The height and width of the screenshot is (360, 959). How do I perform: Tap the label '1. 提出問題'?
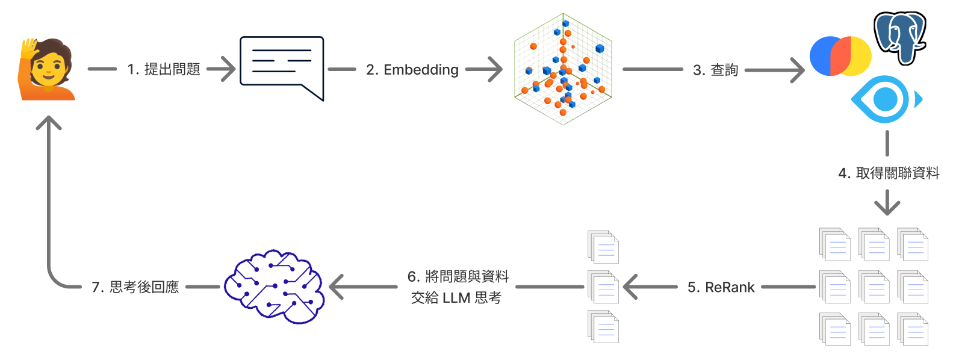[164, 70]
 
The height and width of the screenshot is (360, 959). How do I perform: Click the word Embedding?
[421, 70]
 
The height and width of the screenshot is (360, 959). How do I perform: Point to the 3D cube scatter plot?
[563, 69]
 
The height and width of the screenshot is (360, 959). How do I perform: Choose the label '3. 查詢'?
[715, 70]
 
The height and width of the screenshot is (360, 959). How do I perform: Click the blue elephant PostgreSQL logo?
[900, 37]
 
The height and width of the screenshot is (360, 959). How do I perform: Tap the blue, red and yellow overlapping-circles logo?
[840, 56]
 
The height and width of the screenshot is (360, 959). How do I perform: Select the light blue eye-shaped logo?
[885, 99]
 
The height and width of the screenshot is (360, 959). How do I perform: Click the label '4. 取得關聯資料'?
[889, 173]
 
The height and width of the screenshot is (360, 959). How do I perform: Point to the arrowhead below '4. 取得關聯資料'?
[887, 206]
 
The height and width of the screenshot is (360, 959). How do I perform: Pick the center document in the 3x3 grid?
[874, 287]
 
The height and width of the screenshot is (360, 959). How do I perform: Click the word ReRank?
[730, 288]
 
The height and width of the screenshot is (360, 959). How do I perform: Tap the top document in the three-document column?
[603, 247]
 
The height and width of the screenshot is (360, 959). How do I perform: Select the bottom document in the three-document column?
[603, 327]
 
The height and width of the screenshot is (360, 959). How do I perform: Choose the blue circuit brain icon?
[275, 287]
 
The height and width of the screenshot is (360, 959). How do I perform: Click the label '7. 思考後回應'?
[135, 287]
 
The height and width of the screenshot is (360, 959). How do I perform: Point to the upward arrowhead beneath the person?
[49, 123]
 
